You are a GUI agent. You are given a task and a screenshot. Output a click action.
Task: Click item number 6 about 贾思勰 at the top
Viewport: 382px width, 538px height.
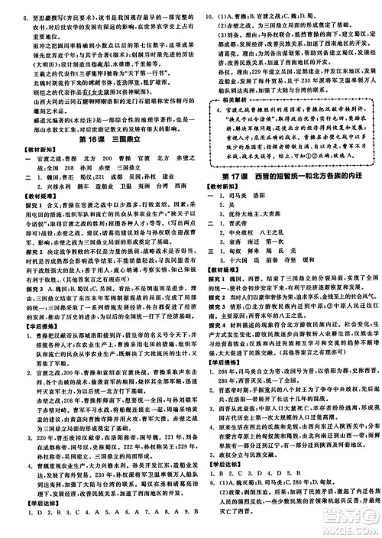pos(11,14)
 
